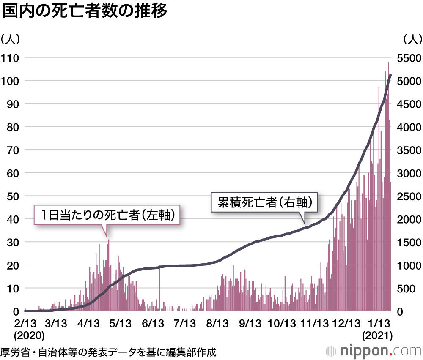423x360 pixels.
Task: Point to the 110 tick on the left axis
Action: tap(11, 57)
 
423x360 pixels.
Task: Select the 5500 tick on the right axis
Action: tap(409, 57)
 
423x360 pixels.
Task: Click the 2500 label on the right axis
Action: tap(409, 196)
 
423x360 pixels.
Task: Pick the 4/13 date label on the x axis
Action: tap(88, 324)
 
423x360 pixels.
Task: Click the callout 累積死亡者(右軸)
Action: tap(264, 202)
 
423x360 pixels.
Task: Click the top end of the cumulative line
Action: tap(390, 75)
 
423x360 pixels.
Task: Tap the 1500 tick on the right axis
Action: tap(409, 242)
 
